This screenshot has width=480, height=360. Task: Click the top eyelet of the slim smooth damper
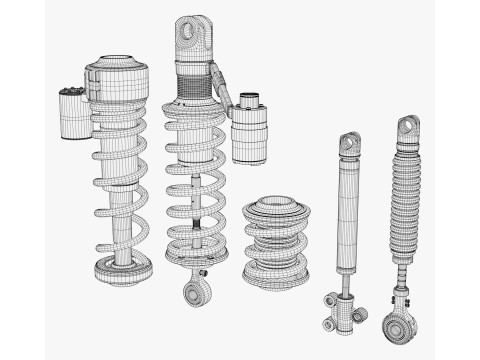(348, 144)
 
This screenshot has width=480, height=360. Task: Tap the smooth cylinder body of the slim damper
(347, 215)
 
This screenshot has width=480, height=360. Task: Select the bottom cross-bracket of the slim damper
(340, 305)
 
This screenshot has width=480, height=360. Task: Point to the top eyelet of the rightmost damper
(409, 129)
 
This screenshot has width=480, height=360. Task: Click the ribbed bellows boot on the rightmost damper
(406, 205)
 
